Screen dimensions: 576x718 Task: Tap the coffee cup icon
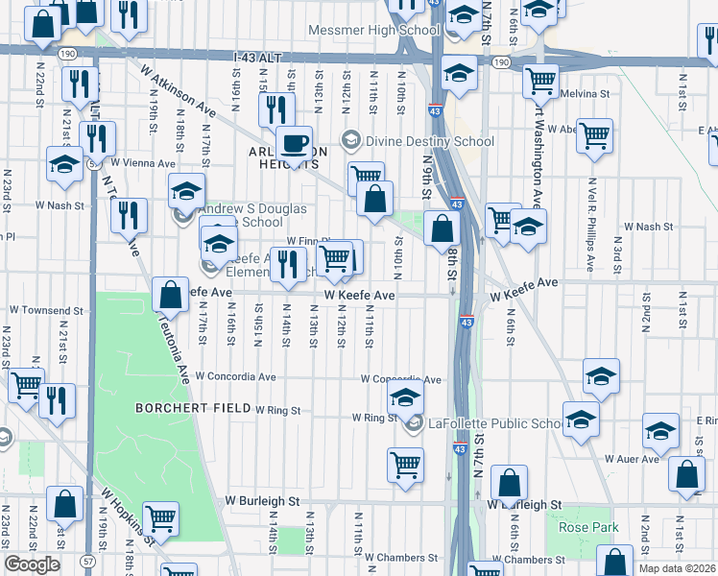click(x=295, y=143)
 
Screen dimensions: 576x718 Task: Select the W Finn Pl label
click(x=308, y=242)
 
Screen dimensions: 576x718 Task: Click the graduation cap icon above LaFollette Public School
click(x=406, y=398)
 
